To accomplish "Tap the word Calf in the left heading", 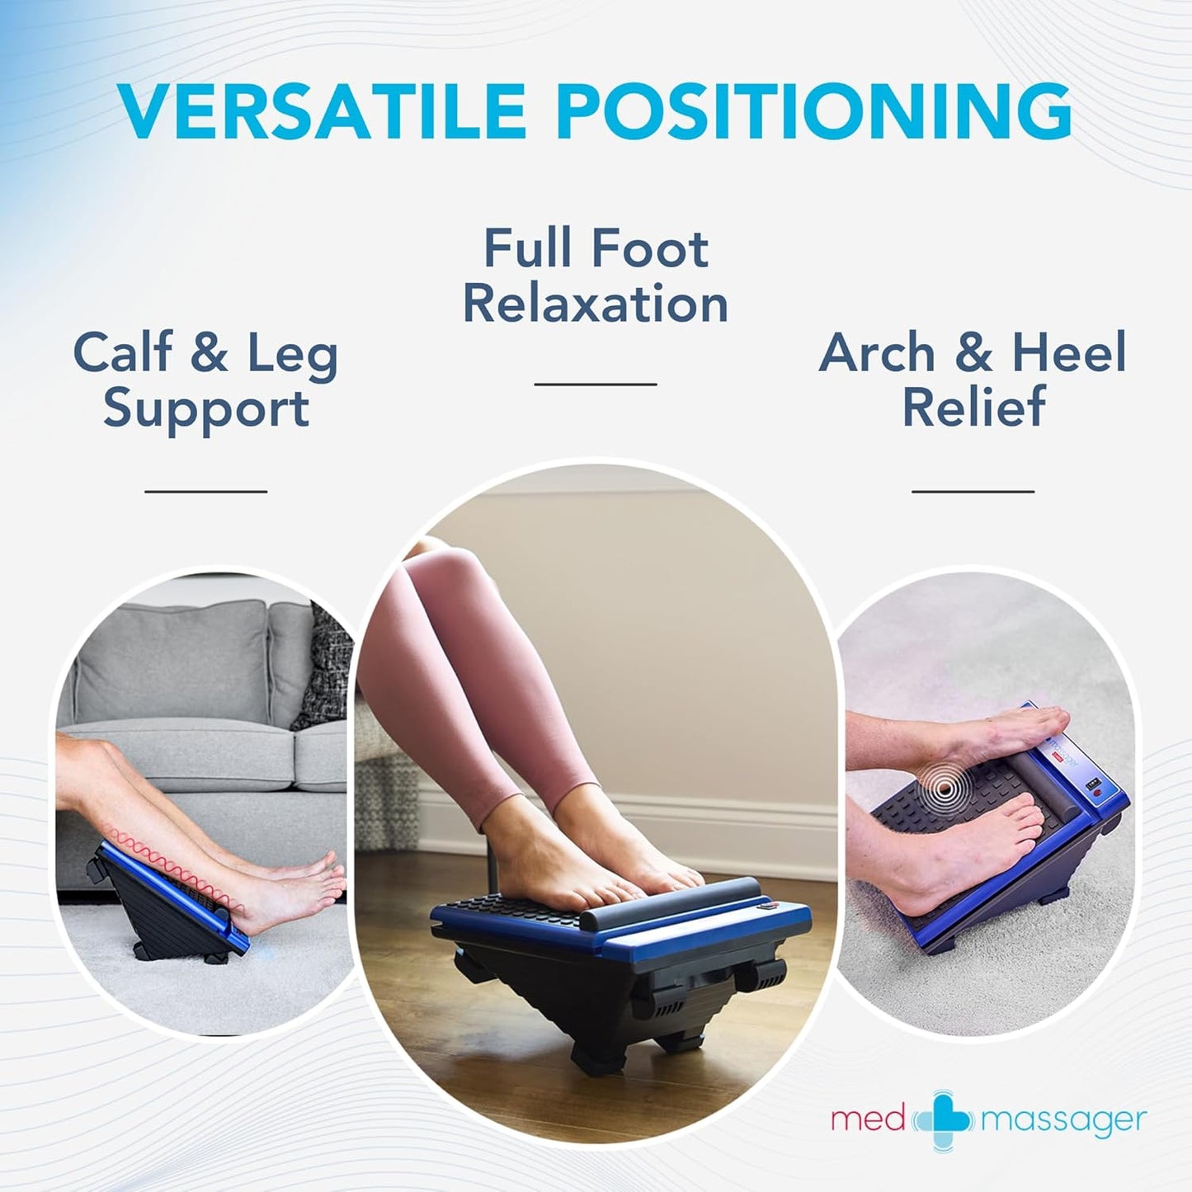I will [123, 353].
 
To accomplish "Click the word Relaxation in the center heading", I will [596, 304].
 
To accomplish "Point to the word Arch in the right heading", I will [877, 353].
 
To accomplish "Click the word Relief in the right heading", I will [973, 407].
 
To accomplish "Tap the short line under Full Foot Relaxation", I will [596, 384].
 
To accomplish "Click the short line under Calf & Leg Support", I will [206, 491].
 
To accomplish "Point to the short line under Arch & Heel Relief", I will [973, 491].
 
